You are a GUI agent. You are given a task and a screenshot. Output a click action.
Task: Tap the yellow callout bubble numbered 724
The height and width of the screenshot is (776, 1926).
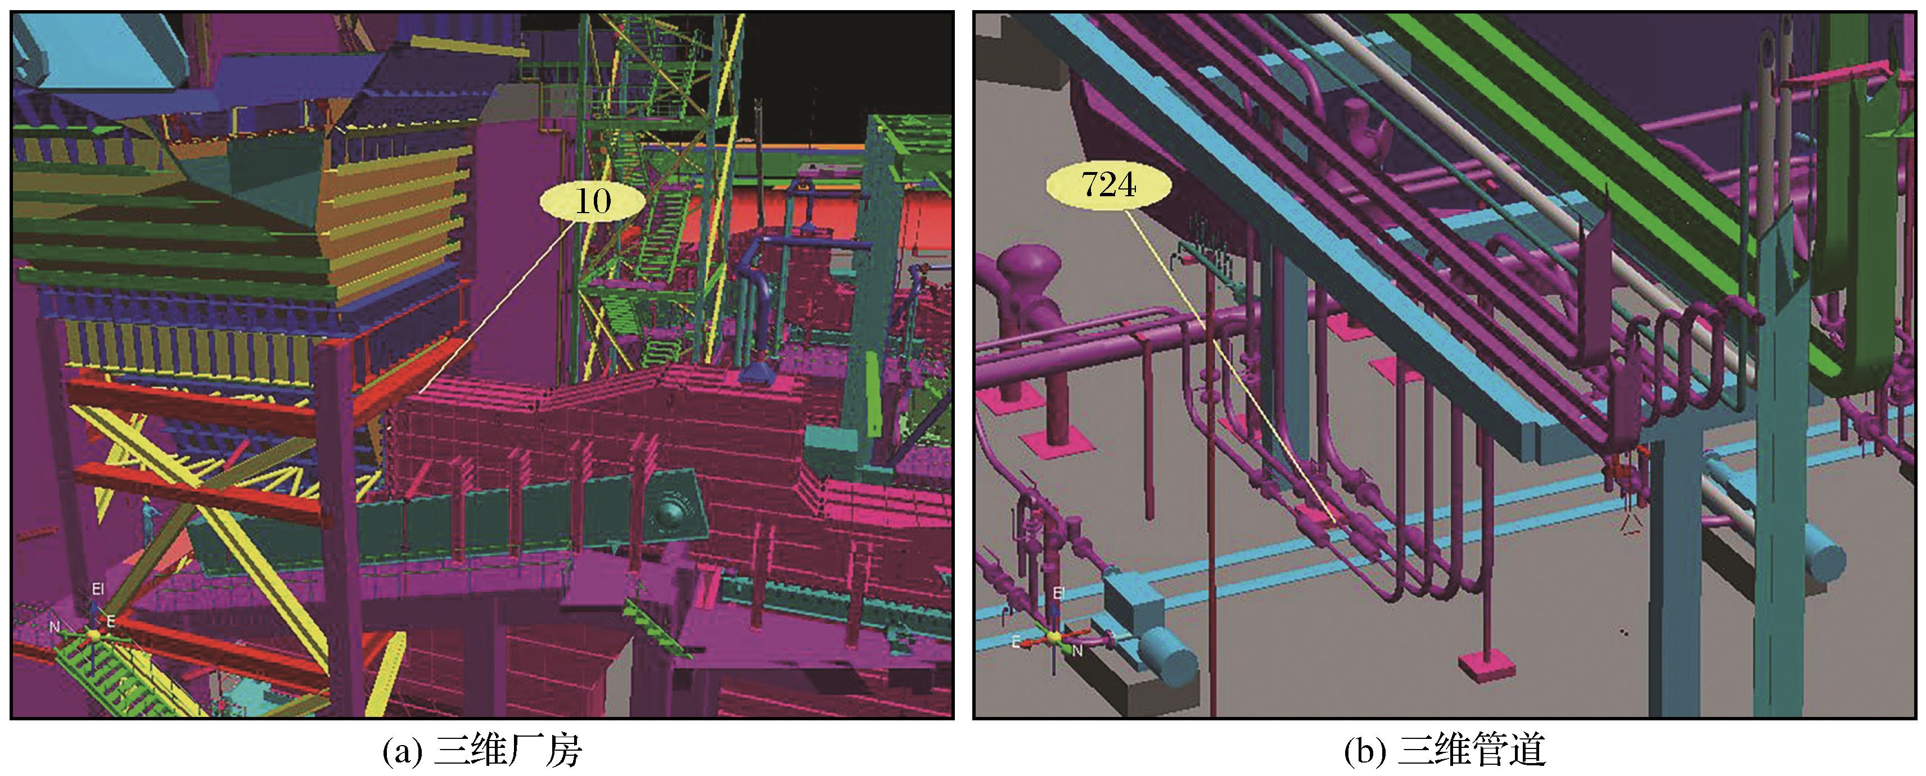click(1108, 184)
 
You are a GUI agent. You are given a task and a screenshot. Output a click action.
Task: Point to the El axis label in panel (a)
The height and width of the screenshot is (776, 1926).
click(98, 589)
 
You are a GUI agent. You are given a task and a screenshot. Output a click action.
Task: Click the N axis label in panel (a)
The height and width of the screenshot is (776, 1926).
click(54, 626)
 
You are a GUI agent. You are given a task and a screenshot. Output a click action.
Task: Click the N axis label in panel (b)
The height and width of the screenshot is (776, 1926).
click(1077, 651)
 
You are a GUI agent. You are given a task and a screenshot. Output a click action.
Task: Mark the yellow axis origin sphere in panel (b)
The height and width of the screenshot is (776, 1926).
click(1053, 638)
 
